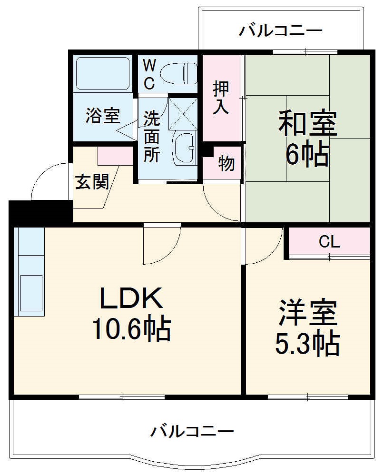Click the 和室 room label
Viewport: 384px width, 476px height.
pos(307,124)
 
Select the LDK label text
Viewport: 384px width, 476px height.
pos(131,299)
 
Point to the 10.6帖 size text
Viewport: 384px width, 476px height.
pos(131,329)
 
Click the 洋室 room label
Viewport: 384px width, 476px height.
pos(308,312)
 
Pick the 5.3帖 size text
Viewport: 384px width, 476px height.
pos(308,343)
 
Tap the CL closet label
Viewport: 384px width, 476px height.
pos(329,242)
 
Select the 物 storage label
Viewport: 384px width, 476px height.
pos(226,163)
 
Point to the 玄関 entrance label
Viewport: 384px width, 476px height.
pos(92,181)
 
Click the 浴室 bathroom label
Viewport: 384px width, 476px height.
pos(102,116)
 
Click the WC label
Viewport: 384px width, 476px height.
pos(149,74)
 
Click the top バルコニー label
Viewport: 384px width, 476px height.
pos(280,31)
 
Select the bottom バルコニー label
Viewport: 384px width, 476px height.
pos(192,432)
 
